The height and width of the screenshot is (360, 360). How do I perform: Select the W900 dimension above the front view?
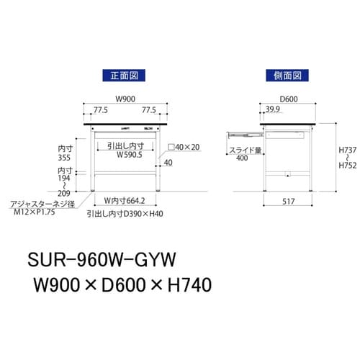click(125, 100)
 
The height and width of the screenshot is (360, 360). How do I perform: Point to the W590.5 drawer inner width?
click(125, 153)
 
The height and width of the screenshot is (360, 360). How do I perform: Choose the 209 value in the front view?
click(66, 194)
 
